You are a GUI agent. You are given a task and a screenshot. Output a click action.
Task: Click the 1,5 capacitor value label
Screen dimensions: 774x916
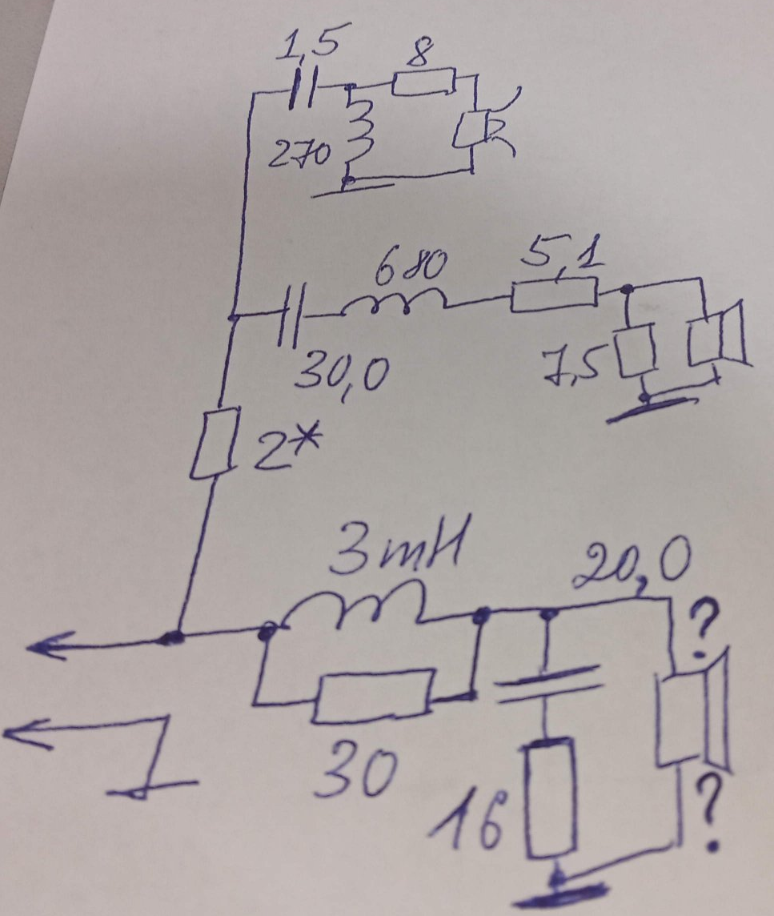click(x=307, y=45)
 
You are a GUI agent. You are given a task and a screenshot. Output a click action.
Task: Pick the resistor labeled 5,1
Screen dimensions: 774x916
click(x=555, y=294)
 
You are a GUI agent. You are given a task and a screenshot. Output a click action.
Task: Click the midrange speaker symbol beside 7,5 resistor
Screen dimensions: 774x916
click(x=716, y=336)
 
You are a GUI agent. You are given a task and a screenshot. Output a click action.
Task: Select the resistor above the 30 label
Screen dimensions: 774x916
click(x=375, y=697)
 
